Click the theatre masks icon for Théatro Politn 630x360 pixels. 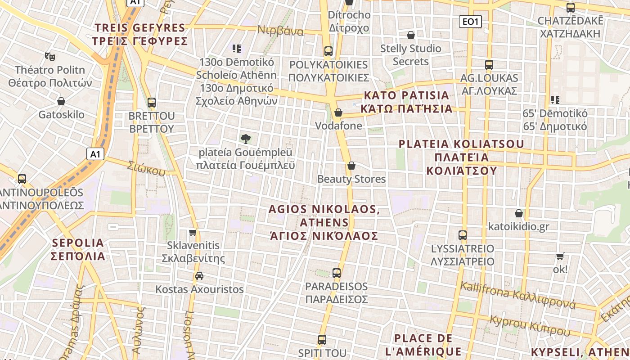click(49, 57)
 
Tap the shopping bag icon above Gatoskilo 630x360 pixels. click(61, 101)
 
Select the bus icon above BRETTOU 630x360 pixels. click(152, 103)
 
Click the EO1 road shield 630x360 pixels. click(470, 21)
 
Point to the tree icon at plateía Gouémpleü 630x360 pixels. click(245, 139)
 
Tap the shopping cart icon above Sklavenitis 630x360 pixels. click(193, 232)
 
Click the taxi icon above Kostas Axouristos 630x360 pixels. click(199, 275)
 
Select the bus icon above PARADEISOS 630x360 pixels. click(337, 273)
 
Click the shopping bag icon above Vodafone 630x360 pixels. click(338, 112)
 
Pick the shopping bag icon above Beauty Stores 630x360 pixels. click(351, 166)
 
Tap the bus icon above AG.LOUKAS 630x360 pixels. click(489, 65)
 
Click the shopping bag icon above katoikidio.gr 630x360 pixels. click(519, 213)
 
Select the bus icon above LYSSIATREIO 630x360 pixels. click(462, 235)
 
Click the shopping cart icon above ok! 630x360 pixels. click(560, 256)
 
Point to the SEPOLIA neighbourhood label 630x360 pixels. click(78, 249)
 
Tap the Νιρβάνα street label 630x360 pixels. click(280, 31)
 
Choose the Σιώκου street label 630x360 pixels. click(146, 167)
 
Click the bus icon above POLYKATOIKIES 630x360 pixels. click(328, 51)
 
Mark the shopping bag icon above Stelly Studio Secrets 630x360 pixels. click(411, 35)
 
